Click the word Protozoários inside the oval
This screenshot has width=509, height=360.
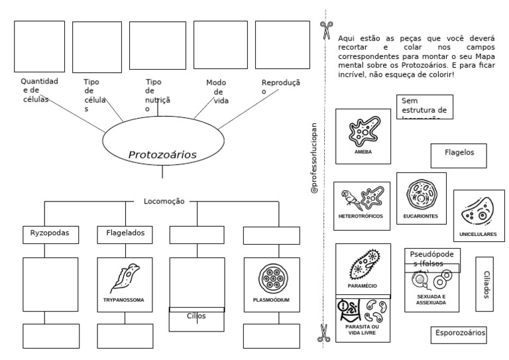162,154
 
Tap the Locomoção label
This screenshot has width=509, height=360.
164,201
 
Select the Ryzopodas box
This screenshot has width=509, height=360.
50,233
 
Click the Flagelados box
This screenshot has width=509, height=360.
125,233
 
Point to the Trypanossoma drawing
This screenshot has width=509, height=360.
124,278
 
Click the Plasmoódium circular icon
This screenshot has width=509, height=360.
271,278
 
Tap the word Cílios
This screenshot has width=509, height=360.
196,316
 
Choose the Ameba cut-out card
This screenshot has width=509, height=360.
363,137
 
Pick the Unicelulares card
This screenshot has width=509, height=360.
478,216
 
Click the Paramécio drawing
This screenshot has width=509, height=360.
363,265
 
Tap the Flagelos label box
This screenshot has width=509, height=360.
459,153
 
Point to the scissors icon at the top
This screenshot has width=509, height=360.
326,30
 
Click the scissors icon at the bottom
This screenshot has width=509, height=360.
324,332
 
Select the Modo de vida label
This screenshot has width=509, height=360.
217,91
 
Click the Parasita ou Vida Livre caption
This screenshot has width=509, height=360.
363,330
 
